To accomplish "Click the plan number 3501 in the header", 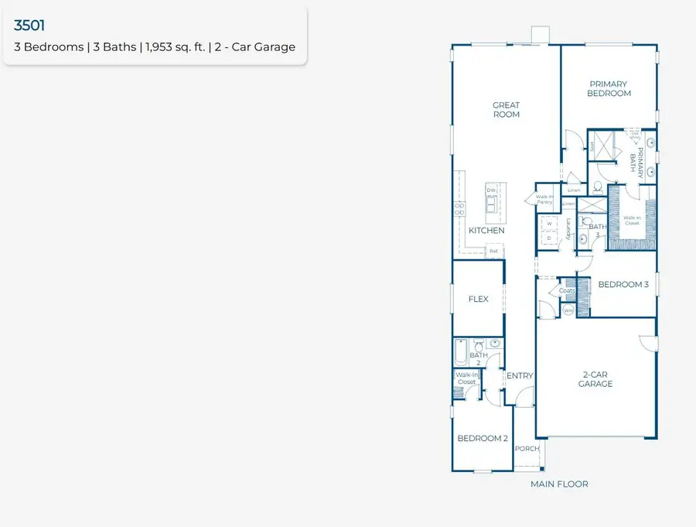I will pyautogui.click(x=29, y=26).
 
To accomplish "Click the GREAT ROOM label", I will pyautogui.click(x=507, y=110).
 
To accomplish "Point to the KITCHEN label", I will pyautogui.click(x=486, y=231).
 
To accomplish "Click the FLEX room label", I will pyautogui.click(x=478, y=299).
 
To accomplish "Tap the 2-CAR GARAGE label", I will pyautogui.click(x=596, y=379).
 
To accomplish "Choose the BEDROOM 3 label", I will pyautogui.click(x=623, y=285).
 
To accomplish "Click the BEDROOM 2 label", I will pyautogui.click(x=482, y=438).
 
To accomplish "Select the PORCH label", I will pyautogui.click(x=527, y=449).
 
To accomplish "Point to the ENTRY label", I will pyautogui.click(x=520, y=376).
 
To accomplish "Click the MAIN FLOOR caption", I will pyautogui.click(x=559, y=484).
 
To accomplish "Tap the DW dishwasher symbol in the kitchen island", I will pyautogui.click(x=490, y=190).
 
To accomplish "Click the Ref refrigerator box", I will pyautogui.click(x=493, y=251).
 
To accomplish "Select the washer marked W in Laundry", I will pyautogui.click(x=549, y=224).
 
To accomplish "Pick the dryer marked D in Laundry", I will pyautogui.click(x=549, y=238).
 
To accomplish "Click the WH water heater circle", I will pyautogui.click(x=568, y=310).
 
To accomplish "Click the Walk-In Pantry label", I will pyautogui.click(x=544, y=200).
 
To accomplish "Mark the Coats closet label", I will pyautogui.click(x=557, y=291).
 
